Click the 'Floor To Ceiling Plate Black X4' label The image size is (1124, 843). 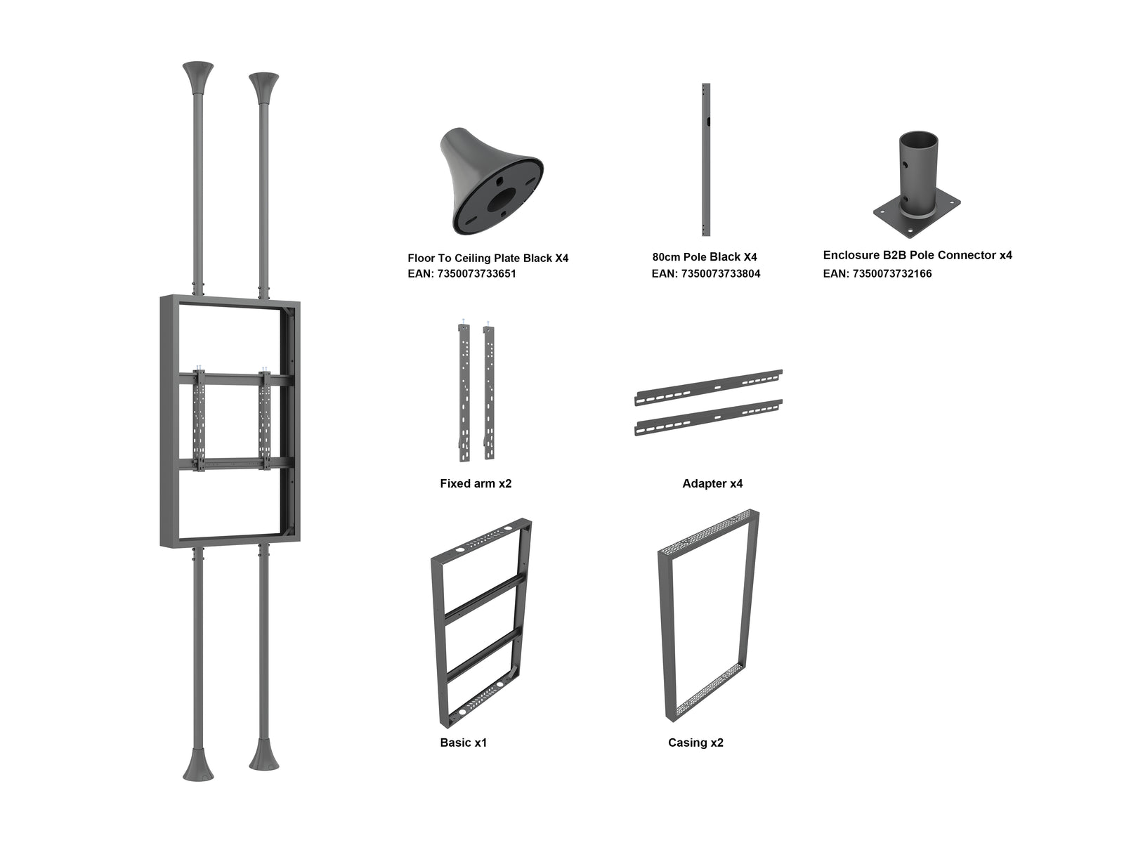[x=488, y=258]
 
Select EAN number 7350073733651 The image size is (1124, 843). [x=462, y=274]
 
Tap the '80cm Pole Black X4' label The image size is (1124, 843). [x=704, y=257]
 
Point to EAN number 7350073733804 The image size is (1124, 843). [x=705, y=274]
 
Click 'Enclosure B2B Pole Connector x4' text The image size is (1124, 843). [x=917, y=255]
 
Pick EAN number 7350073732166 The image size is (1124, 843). [x=877, y=274]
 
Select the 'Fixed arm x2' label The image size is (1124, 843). [x=476, y=484]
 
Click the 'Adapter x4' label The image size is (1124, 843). [x=712, y=484]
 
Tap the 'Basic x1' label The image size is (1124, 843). [x=464, y=743]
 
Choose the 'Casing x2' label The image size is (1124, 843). [x=695, y=743]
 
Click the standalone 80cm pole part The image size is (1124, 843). [x=705, y=159]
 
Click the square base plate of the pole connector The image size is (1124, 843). [x=917, y=217]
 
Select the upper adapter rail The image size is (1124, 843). [x=708, y=388]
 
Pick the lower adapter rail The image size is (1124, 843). [x=708, y=417]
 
